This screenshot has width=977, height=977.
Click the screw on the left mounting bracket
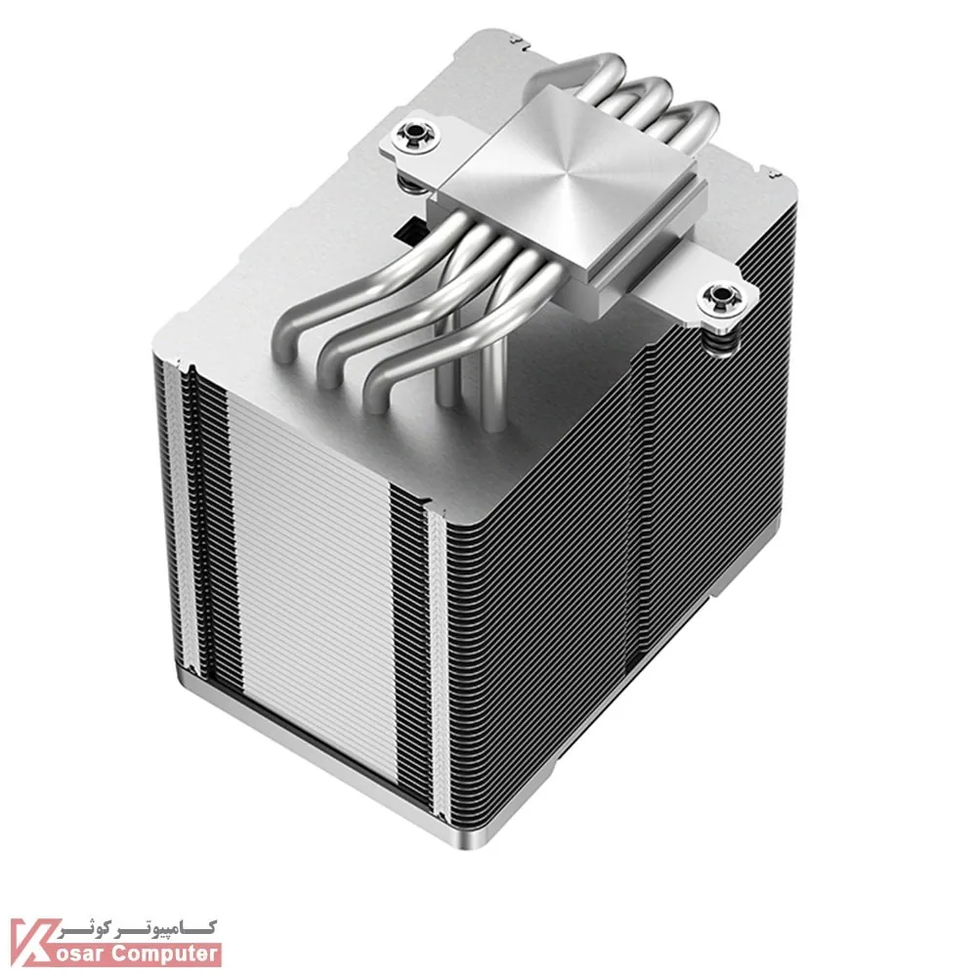click(x=411, y=133)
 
